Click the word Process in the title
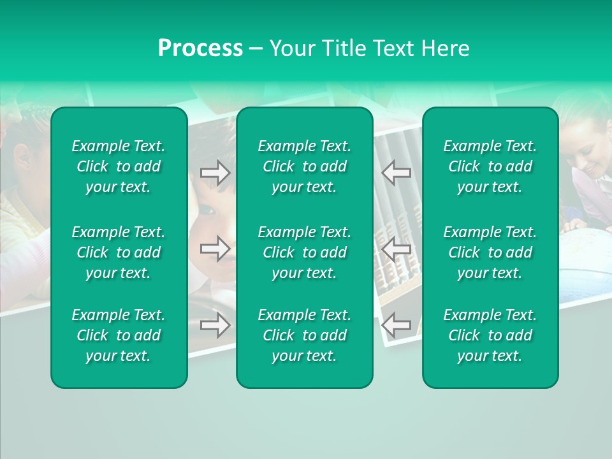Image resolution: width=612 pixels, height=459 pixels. (200, 48)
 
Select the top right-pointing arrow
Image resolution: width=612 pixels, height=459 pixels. (215, 173)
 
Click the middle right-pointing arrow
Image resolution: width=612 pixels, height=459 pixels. (215, 249)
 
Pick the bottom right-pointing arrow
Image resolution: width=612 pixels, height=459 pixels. (215, 325)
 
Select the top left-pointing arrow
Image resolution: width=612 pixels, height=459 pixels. (397, 173)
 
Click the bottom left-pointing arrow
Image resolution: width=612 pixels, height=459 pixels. (397, 325)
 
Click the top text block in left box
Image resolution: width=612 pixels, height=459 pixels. (119, 166)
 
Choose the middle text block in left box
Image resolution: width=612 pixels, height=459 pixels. (119, 252)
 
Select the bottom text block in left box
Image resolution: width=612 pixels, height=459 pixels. (119, 335)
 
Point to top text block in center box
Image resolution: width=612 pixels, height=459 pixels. (305, 166)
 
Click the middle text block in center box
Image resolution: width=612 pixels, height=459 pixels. (305, 252)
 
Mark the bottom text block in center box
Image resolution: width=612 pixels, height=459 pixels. (305, 335)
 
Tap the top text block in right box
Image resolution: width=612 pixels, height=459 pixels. (490, 166)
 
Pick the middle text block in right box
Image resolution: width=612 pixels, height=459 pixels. (490, 252)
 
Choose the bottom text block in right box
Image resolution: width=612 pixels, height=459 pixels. (490, 335)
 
